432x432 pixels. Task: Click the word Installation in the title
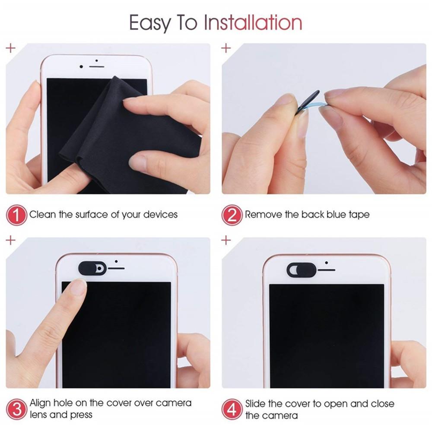[253, 22]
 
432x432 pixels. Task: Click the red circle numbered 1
[17, 215]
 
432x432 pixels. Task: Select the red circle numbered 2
[232, 215]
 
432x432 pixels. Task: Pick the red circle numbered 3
[17, 409]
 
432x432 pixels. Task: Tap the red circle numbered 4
[232, 409]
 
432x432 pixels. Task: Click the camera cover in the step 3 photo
[92, 268]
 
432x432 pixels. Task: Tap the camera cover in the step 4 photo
[301, 270]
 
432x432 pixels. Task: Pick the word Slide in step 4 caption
[256, 403]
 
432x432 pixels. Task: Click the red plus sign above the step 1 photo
[10, 48]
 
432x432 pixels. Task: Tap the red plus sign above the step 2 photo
[226, 48]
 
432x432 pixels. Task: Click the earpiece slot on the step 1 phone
[97, 67]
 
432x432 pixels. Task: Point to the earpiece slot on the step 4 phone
[327, 270]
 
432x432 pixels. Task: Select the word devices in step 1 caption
[160, 214]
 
